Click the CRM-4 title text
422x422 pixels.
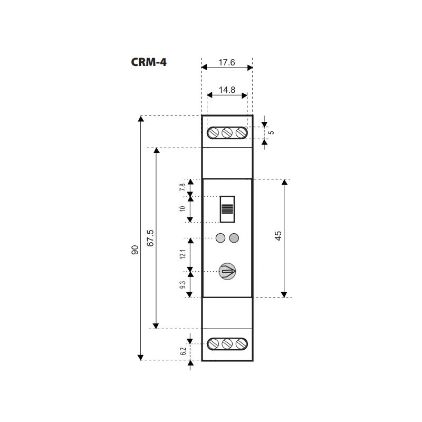(x=149, y=62)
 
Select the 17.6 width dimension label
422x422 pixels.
(x=227, y=62)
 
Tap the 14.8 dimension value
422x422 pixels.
(x=227, y=90)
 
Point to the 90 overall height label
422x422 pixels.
(x=135, y=250)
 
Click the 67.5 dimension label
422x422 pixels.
(x=150, y=238)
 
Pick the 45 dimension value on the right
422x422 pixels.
(x=278, y=236)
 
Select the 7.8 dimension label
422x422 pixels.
(x=183, y=187)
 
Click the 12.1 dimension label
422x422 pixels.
(x=183, y=254)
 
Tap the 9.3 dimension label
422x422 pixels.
(x=183, y=284)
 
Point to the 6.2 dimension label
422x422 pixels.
(x=183, y=351)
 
